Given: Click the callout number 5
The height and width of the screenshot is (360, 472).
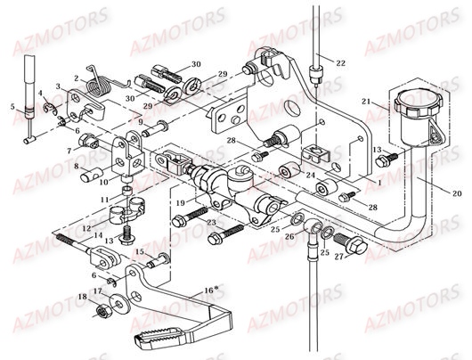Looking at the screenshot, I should point(12,107).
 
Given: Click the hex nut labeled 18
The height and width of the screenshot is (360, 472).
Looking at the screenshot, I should point(104,310).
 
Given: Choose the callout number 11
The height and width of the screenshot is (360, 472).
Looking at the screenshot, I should point(103,199).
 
